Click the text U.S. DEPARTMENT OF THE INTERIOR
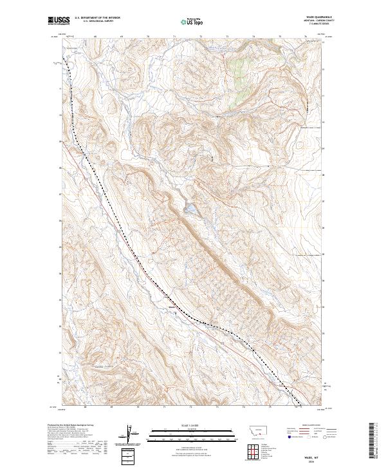(96, 17)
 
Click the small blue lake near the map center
(192, 209)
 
